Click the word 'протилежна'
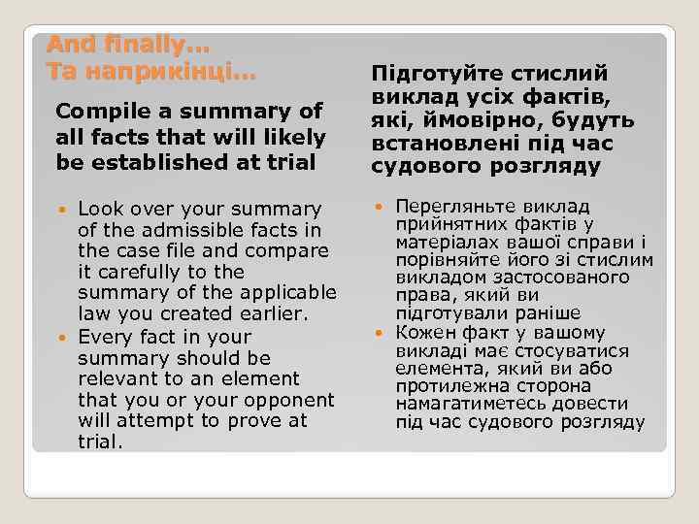(x=449, y=386)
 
